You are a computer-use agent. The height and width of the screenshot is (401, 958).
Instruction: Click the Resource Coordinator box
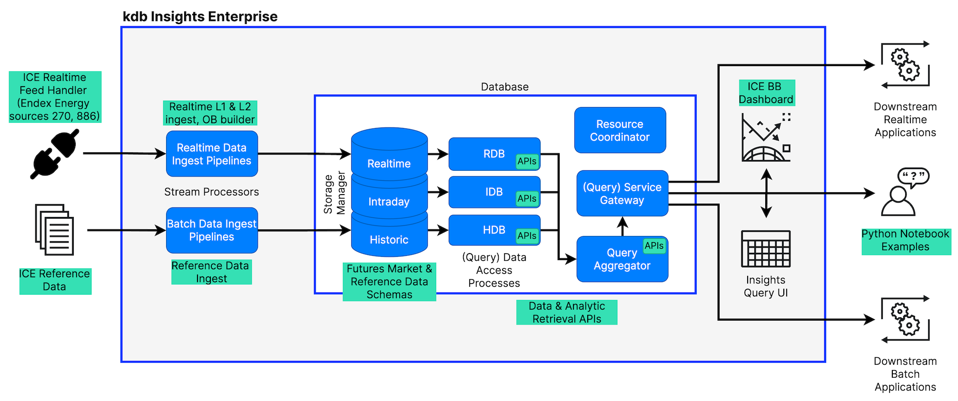[620, 130]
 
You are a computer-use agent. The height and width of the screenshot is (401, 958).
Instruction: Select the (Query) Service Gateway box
[622, 194]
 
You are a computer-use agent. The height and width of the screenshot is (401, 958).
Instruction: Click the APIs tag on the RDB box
[527, 161]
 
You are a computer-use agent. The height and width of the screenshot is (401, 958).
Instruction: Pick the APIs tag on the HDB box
[527, 235]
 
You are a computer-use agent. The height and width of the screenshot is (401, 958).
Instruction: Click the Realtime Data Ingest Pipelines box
[212, 154]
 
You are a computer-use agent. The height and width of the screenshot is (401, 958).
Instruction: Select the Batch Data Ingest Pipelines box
[212, 230]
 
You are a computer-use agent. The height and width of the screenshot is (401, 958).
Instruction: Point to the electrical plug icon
[55, 154]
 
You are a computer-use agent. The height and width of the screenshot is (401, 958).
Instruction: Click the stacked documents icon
[54, 230]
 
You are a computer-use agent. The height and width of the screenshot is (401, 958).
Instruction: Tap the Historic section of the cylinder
[389, 239]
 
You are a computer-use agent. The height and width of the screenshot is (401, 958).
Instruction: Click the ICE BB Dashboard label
[766, 93]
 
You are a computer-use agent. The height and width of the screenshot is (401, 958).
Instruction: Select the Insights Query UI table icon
[766, 249]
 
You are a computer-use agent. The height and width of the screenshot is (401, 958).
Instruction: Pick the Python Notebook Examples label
[905, 241]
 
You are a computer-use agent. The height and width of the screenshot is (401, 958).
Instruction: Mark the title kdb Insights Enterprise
[200, 17]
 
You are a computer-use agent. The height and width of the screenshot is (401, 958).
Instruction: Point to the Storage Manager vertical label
[334, 193]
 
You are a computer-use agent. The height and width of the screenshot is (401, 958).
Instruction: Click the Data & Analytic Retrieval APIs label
[566, 313]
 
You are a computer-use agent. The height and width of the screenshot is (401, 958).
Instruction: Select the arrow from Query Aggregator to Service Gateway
[622, 226]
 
